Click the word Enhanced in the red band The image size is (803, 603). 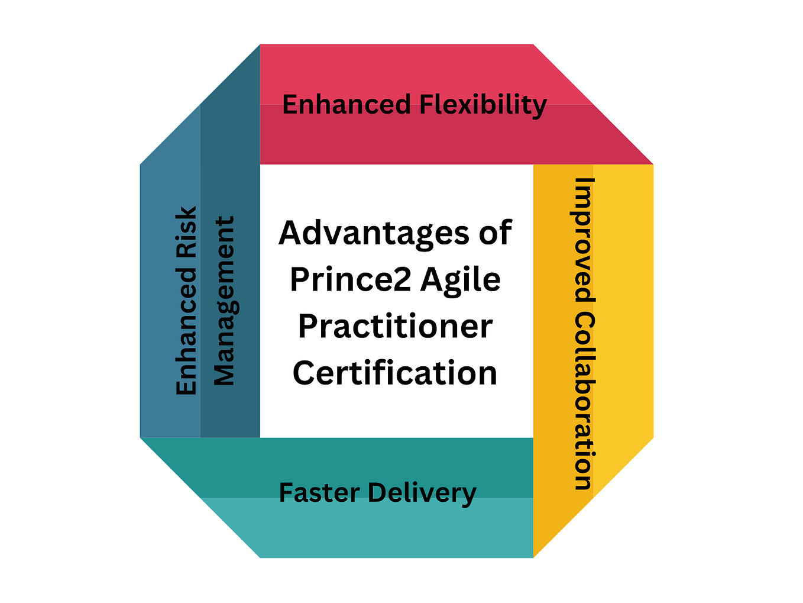point(346,105)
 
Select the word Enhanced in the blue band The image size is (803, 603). point(187,331)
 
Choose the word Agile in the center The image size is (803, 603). point(460,280)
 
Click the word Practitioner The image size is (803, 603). point(395,326)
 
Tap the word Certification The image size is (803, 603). point(395,373)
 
